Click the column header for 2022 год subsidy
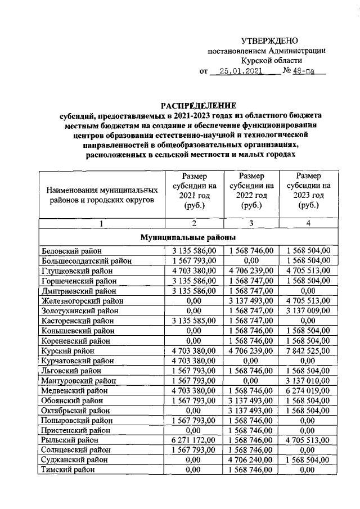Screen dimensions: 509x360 point(252,191)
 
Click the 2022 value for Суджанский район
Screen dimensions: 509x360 point(251,459)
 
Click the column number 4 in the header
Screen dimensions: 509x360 point(308,224)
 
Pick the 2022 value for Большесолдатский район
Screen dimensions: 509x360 point(252,261)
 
